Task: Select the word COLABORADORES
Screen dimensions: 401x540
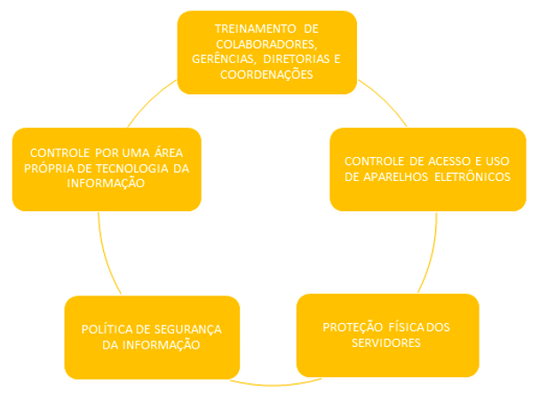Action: click(266, 43)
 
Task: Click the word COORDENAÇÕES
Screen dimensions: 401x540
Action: click(266, 75)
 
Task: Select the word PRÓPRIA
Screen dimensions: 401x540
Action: click(54, 169)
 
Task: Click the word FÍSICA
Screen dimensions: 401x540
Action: click(405, 327)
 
